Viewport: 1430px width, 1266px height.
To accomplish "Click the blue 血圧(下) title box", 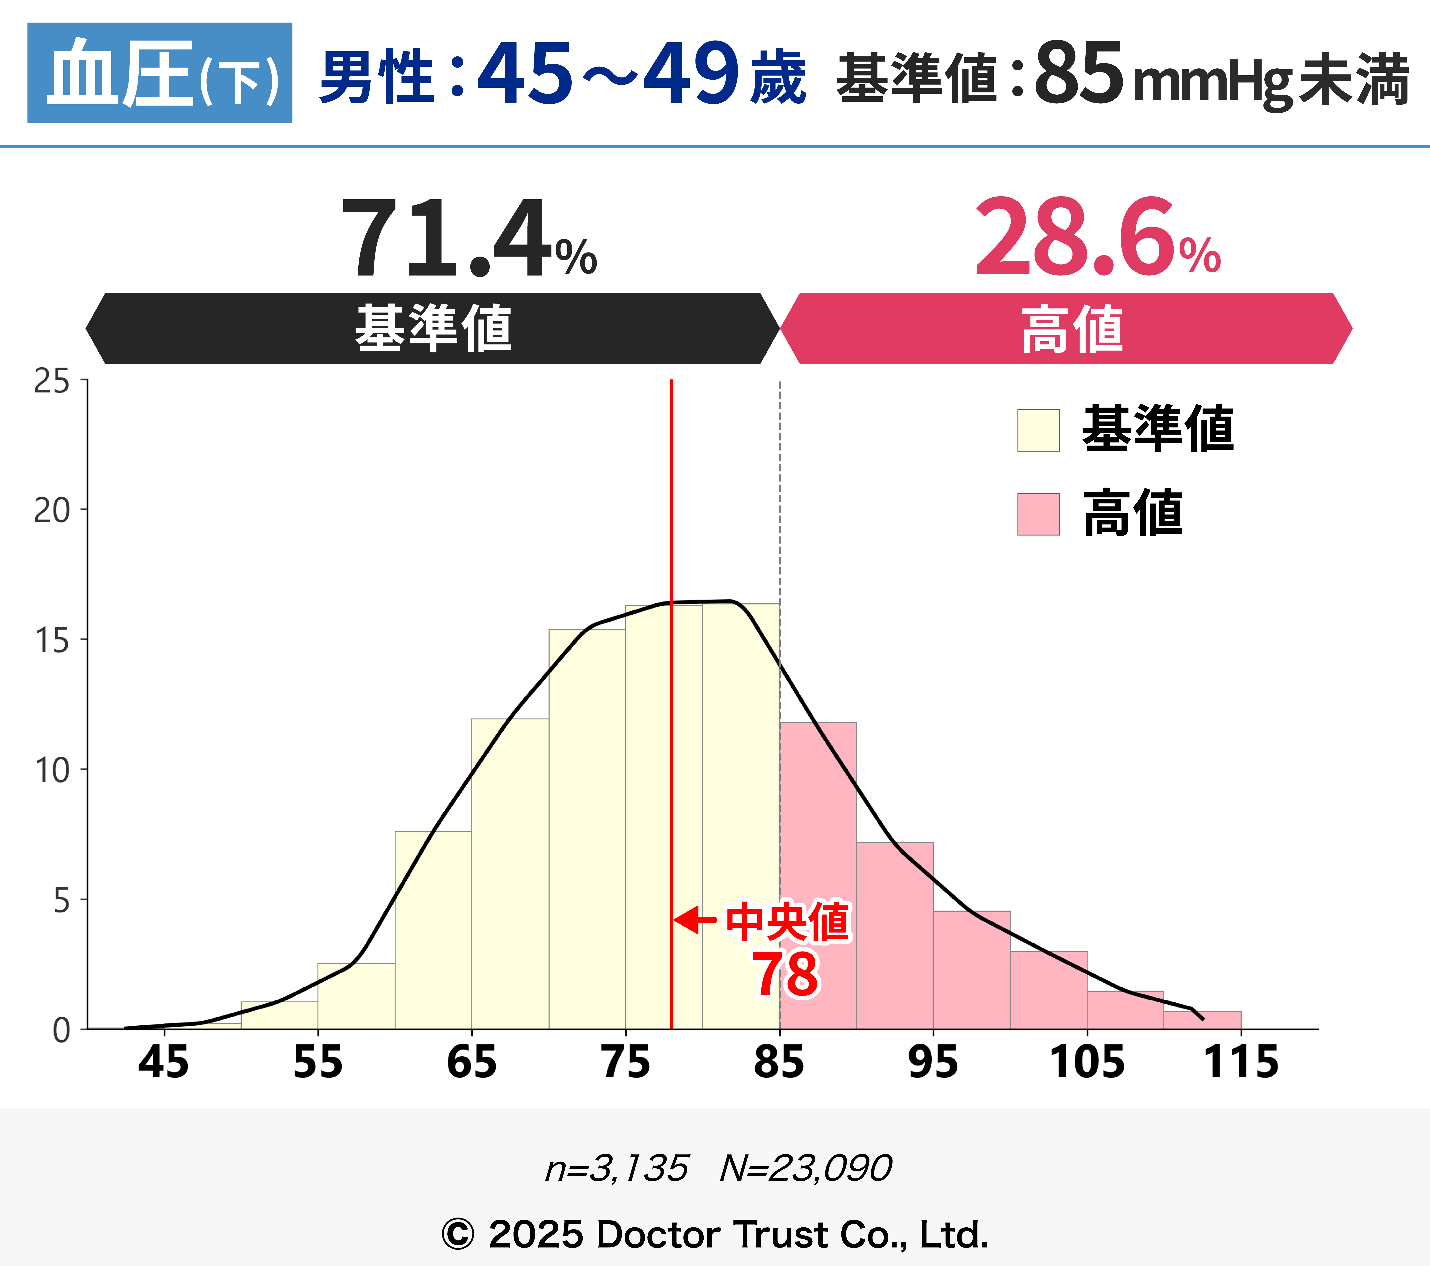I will tap(159, 73).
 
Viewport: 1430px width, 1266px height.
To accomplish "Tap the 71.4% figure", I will tap(467, 238).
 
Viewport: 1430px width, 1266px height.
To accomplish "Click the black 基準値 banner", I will tap(432, 328).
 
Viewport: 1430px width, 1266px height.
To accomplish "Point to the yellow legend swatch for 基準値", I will tap(1038, 430).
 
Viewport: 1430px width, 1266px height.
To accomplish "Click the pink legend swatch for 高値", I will tap(1038, 514).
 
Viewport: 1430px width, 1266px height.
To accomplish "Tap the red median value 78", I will tap(785, 974).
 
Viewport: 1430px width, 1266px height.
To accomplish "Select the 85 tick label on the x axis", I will tap(779, 1062).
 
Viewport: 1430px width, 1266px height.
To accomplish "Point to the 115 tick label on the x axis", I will tap(1240, 1062).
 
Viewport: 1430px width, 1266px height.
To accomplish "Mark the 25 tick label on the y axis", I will tap(52, 381).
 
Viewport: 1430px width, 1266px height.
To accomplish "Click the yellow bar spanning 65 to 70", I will tap(510, 874).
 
